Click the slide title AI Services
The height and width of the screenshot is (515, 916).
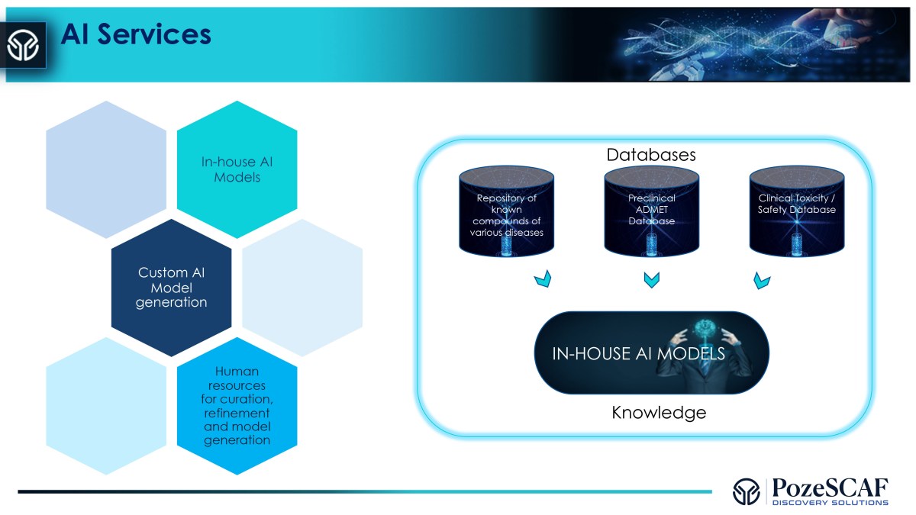136,34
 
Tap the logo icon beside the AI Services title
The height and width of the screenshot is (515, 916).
23,45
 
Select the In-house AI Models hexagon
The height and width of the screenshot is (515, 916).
237,169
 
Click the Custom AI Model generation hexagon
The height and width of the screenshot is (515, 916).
172,287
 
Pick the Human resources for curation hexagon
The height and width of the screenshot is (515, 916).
237,405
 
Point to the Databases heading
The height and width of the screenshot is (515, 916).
651,154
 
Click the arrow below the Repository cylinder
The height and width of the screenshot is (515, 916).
541,281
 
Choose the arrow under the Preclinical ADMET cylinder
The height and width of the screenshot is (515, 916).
651,281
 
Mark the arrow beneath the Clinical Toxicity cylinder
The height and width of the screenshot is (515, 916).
761,281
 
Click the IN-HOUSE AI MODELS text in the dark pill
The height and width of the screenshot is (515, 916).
638,355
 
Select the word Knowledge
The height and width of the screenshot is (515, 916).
659,413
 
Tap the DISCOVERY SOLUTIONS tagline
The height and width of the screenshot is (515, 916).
830,503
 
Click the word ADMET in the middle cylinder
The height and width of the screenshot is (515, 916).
652,210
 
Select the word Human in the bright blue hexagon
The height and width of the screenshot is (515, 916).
237,372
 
